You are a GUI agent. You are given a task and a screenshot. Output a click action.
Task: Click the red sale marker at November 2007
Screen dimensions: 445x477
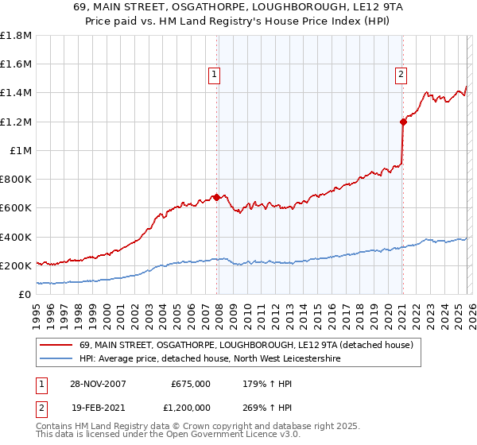point(217,197)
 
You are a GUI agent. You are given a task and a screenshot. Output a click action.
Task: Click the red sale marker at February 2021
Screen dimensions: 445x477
point(402,122)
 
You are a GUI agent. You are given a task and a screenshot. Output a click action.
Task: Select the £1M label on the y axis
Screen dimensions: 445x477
point(21,150)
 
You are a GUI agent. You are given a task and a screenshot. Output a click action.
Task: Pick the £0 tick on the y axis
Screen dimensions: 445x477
point(25,294)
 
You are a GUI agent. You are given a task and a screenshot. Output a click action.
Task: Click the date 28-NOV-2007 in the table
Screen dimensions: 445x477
point(98,384)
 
